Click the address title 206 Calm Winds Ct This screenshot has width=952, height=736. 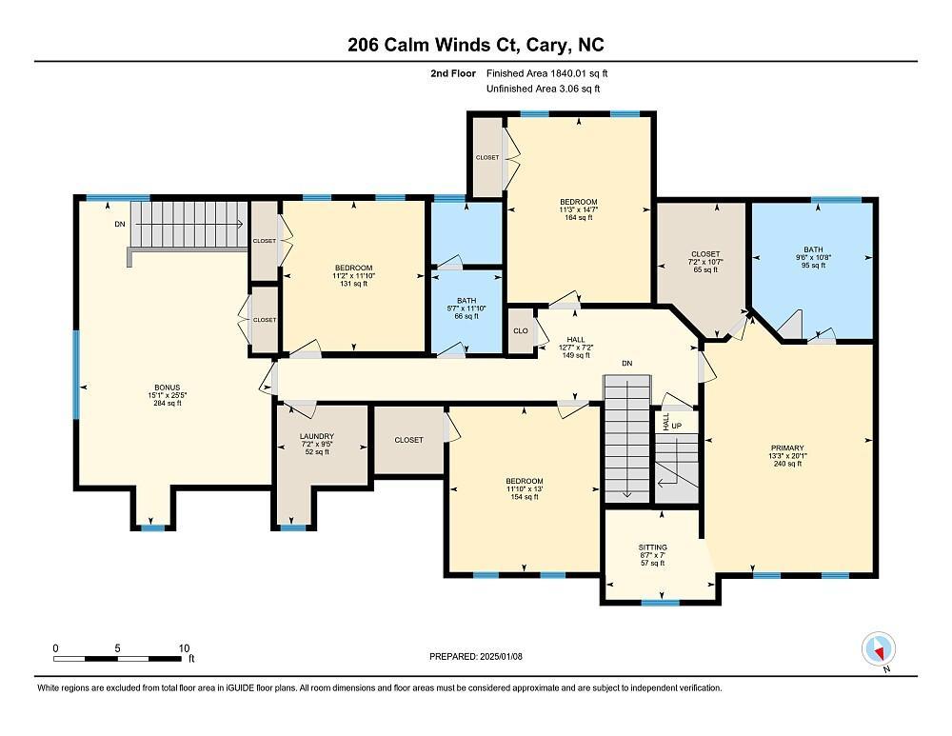pos(475,45)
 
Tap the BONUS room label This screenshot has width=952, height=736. pos(159,388)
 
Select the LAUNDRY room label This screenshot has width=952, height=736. pos(316,436)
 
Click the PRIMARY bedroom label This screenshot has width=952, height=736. pos(787,448)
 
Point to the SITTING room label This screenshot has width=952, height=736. pos(652,547)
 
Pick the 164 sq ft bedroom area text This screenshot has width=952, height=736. pos(578,217)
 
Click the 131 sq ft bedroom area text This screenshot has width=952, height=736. pos(353,284)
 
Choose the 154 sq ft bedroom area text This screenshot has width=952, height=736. pos(525,497)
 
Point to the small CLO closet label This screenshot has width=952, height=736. pos(521,331)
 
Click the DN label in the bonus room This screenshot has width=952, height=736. pos(119,225)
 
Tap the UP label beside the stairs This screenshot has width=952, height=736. pos(676,425)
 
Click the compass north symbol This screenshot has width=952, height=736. pos(879,650)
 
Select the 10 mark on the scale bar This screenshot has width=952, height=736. pos(185,647)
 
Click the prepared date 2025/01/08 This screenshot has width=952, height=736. pos(475,656)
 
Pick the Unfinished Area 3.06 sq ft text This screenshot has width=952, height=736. pos(544,89)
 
